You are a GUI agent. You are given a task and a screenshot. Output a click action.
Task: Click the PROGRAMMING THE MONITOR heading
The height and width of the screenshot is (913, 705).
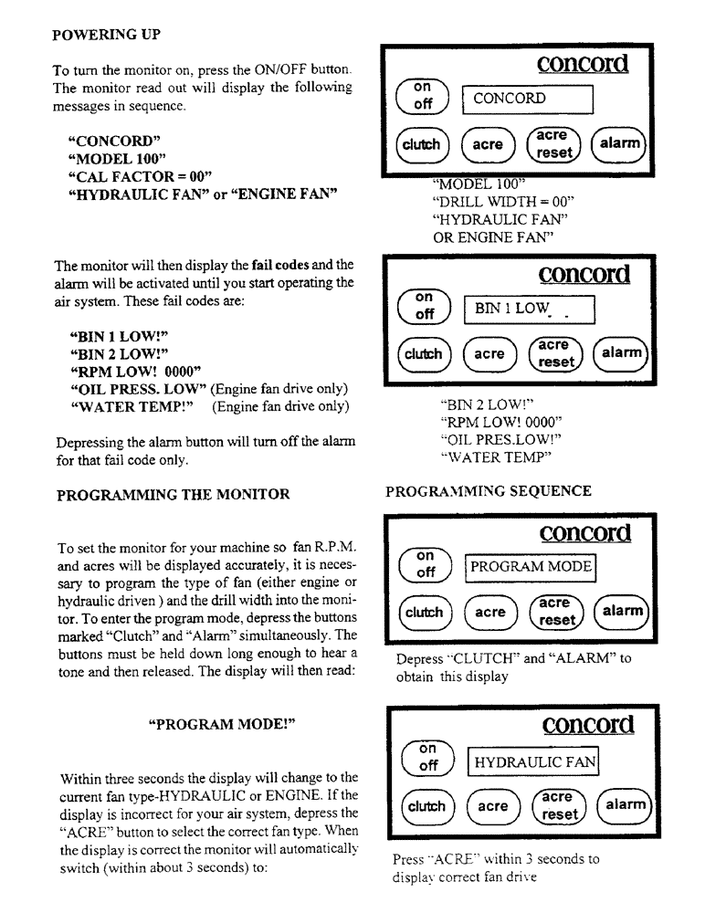click(x=173, y=494)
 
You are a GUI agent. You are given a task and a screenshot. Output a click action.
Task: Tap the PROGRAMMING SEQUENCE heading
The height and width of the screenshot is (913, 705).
click(x=489, y=491)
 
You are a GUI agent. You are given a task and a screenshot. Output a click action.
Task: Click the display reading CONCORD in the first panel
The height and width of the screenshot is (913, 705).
click(x=527, y=99)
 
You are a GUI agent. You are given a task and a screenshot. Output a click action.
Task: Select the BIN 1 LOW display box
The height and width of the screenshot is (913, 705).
click(x=527, y=310)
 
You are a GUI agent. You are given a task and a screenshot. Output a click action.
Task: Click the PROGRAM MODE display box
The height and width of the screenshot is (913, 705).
click(x=529, y=568)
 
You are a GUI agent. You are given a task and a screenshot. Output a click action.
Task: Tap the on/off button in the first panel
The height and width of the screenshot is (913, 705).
click(x=423, y=96)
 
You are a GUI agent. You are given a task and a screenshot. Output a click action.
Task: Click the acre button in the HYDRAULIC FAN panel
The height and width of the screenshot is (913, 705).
click(x=493, y=806)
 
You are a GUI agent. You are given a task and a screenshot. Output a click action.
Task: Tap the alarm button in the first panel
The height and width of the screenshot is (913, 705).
click(x=618, y=144)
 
